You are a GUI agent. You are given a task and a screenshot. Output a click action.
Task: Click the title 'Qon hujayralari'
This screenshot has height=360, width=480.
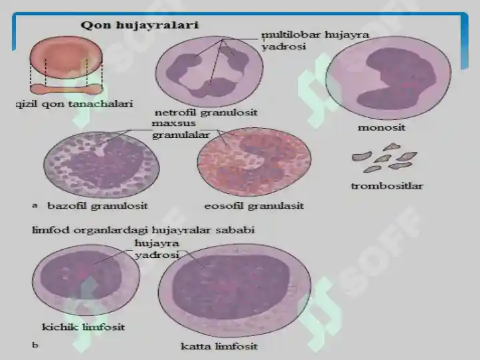(x=140, y=25)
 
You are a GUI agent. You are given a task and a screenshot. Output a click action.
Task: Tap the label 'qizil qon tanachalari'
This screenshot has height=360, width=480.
(x=75, y=104)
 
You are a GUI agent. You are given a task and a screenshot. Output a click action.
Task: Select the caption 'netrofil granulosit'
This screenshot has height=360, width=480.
(x=206, y=113)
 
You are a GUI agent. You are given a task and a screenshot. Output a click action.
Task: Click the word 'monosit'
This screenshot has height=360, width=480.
(x=381, y=127)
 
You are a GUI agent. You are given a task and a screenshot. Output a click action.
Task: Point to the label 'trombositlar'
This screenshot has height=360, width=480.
(x=387, y=186)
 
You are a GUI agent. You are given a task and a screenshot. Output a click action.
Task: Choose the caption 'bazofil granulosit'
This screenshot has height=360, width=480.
(x=97, y=206)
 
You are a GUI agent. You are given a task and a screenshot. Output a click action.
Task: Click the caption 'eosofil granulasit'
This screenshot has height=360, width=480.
(x=254, y=206)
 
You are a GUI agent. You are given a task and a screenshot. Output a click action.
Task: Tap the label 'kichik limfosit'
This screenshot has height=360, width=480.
(x=83, y=327)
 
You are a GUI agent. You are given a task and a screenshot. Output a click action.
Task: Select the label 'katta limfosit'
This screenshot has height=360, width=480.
(x=219, y=347)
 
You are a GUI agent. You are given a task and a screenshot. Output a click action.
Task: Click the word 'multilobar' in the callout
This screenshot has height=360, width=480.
(x=291, y=35)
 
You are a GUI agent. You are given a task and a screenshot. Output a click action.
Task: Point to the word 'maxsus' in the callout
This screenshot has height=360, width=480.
(x=173, y=123)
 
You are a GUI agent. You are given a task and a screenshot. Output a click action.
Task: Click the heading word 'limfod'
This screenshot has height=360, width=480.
(x=51, y=229)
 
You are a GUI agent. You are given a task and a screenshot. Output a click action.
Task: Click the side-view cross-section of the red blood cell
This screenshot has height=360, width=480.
(x=66, y=89)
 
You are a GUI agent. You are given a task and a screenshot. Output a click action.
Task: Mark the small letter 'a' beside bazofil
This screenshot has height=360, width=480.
(x=35, y=205)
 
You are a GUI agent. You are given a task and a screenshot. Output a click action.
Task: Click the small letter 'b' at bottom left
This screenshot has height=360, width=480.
(x=35, y=345)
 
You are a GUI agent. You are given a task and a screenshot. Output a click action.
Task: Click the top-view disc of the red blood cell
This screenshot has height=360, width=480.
(x=66, y=57)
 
